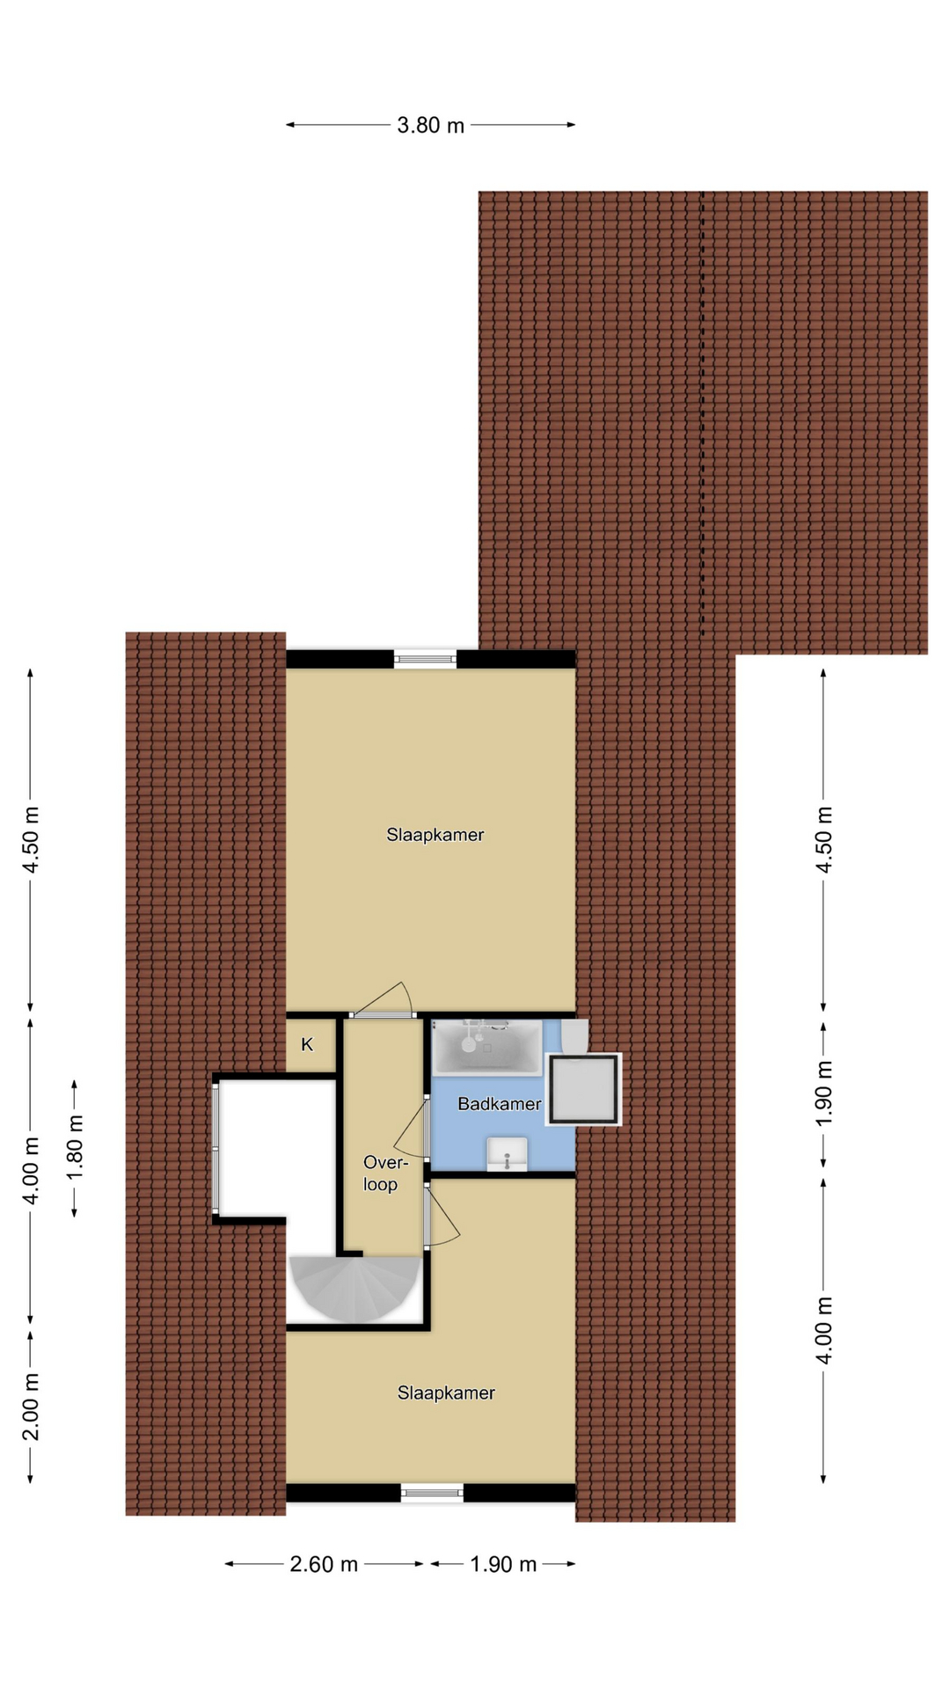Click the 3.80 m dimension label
click(430, 125)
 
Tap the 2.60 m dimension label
click(324, 1564)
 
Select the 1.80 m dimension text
click(75, 1149)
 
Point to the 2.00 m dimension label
click(31, 1407)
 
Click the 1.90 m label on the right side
click(823, 1093)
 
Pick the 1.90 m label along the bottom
click(503, 1564)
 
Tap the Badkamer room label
click(499, 1104)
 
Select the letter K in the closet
click(307, 1045)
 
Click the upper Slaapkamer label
click(435, 835)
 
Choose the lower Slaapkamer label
click(446, 1393)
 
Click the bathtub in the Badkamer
click(486, 1047)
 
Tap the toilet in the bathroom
click(574, 1037)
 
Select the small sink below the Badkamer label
click(507, 1154)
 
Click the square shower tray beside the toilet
click(583, 1089)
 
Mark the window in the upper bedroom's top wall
click(425, 658)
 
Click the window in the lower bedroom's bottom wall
click(432, 1492)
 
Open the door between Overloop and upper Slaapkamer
click(383, 1003)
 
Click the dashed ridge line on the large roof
click(702, 413)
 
